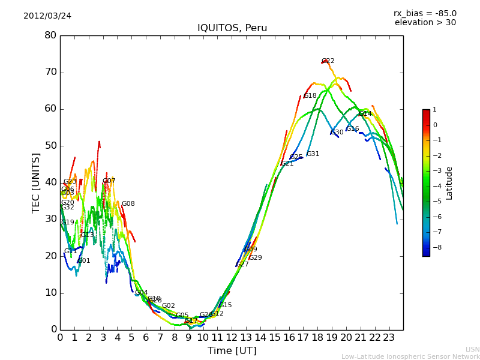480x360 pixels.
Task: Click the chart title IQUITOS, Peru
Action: point(232,28)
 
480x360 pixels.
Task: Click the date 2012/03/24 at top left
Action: point(47,16)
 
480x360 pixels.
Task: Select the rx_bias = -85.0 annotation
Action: point(425,13)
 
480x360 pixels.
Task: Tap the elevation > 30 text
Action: point(425,23)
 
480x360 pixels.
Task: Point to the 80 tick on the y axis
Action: point(50,35)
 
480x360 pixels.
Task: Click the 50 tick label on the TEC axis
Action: point(50,146)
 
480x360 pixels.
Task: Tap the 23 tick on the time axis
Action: point(389,337)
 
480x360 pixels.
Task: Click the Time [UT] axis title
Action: point(232,350)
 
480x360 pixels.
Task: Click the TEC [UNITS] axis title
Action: point(37,182)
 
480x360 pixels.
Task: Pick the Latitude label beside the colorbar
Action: point(449,183)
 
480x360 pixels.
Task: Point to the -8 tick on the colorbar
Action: point(435,247)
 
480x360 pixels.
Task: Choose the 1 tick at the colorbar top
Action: point(434,110)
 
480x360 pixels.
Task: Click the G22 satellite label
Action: point(328,61)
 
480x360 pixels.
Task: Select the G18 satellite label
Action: point(310,96)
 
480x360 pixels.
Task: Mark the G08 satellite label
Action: point(128,204)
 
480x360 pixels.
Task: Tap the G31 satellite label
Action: point(313,154)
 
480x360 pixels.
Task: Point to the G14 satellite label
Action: point(365,114)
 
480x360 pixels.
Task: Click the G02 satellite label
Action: point(169,306)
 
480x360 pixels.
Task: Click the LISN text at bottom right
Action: point(472,349)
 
